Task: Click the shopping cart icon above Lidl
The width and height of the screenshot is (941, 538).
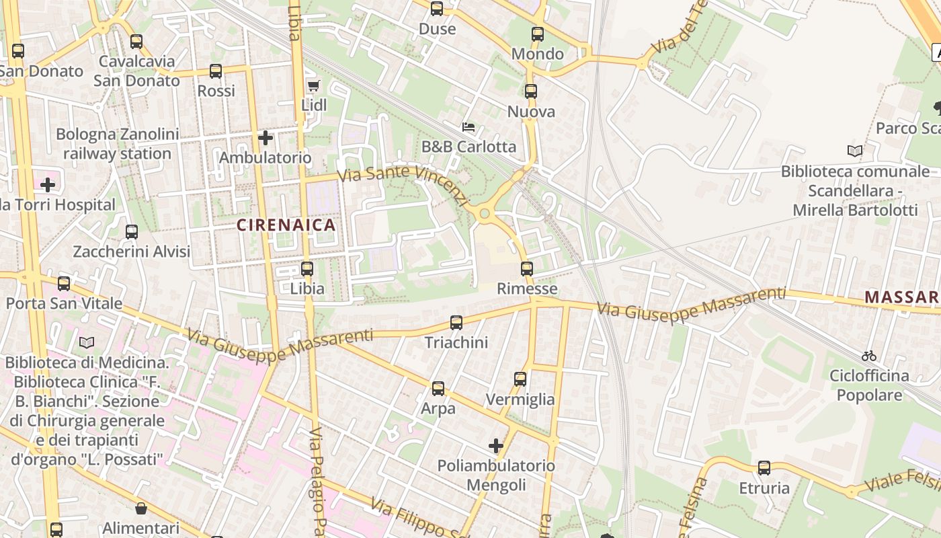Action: click(313, 85)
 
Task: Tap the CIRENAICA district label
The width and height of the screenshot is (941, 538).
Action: click(286, 225)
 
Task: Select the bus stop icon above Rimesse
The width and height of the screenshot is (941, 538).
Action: click(527, 269)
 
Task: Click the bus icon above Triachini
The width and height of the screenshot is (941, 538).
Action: click(456, 323)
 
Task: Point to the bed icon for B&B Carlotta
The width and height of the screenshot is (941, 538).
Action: click(468, 126)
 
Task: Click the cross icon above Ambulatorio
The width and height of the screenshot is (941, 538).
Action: click(265, 138)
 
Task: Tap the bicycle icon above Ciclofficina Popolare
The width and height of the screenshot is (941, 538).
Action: click(869, 356)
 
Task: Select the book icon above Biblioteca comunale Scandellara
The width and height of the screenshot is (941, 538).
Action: click(855, 151)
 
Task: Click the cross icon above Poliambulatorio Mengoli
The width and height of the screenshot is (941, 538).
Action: click(496, 445)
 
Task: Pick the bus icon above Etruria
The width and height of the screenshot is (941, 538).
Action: click(764, 468)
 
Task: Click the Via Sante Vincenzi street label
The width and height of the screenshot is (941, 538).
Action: click(402, 183)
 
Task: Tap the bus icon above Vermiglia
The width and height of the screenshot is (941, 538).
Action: click(520, 379)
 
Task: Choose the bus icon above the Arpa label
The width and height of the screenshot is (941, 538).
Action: click(438, 389)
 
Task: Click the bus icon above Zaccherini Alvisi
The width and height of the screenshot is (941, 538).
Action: click(132, 232)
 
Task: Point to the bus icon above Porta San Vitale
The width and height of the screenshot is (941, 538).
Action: click(64, 284)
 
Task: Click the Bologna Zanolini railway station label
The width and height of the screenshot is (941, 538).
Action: click(118, 144)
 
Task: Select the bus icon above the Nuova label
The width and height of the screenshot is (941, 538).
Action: click(531, 91)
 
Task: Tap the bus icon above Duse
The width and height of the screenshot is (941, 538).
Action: click(437, 9)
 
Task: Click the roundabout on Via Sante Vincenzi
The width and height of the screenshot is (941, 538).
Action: click(485, 214)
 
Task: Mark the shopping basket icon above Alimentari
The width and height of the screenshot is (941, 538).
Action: click(141, 508)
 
